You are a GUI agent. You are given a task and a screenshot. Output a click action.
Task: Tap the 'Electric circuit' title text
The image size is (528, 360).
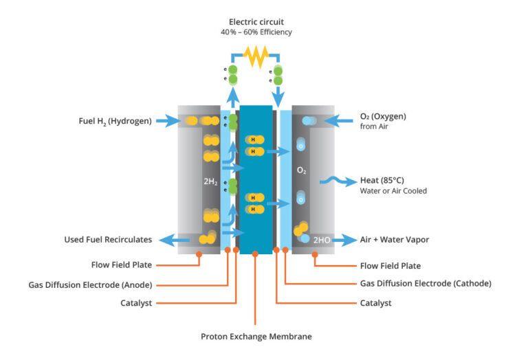(x=256, y=22)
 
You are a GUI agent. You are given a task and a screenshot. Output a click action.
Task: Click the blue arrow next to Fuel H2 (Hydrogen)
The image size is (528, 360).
(x=167, y=122)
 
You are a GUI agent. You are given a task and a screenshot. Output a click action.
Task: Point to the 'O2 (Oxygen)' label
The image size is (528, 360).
(x=383, y=116)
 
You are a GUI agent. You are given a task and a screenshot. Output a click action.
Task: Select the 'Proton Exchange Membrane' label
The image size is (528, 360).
(x=256, y=337)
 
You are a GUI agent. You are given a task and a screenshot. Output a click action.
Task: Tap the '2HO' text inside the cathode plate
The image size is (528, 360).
(x=322, y=240)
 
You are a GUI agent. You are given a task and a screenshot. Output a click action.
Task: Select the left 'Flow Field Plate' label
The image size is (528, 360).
(x=122, y=265)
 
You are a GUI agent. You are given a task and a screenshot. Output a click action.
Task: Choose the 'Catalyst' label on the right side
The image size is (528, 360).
(x=375, y=302)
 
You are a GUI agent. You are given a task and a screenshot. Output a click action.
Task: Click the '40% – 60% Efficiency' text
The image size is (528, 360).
(x=256, y=33)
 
